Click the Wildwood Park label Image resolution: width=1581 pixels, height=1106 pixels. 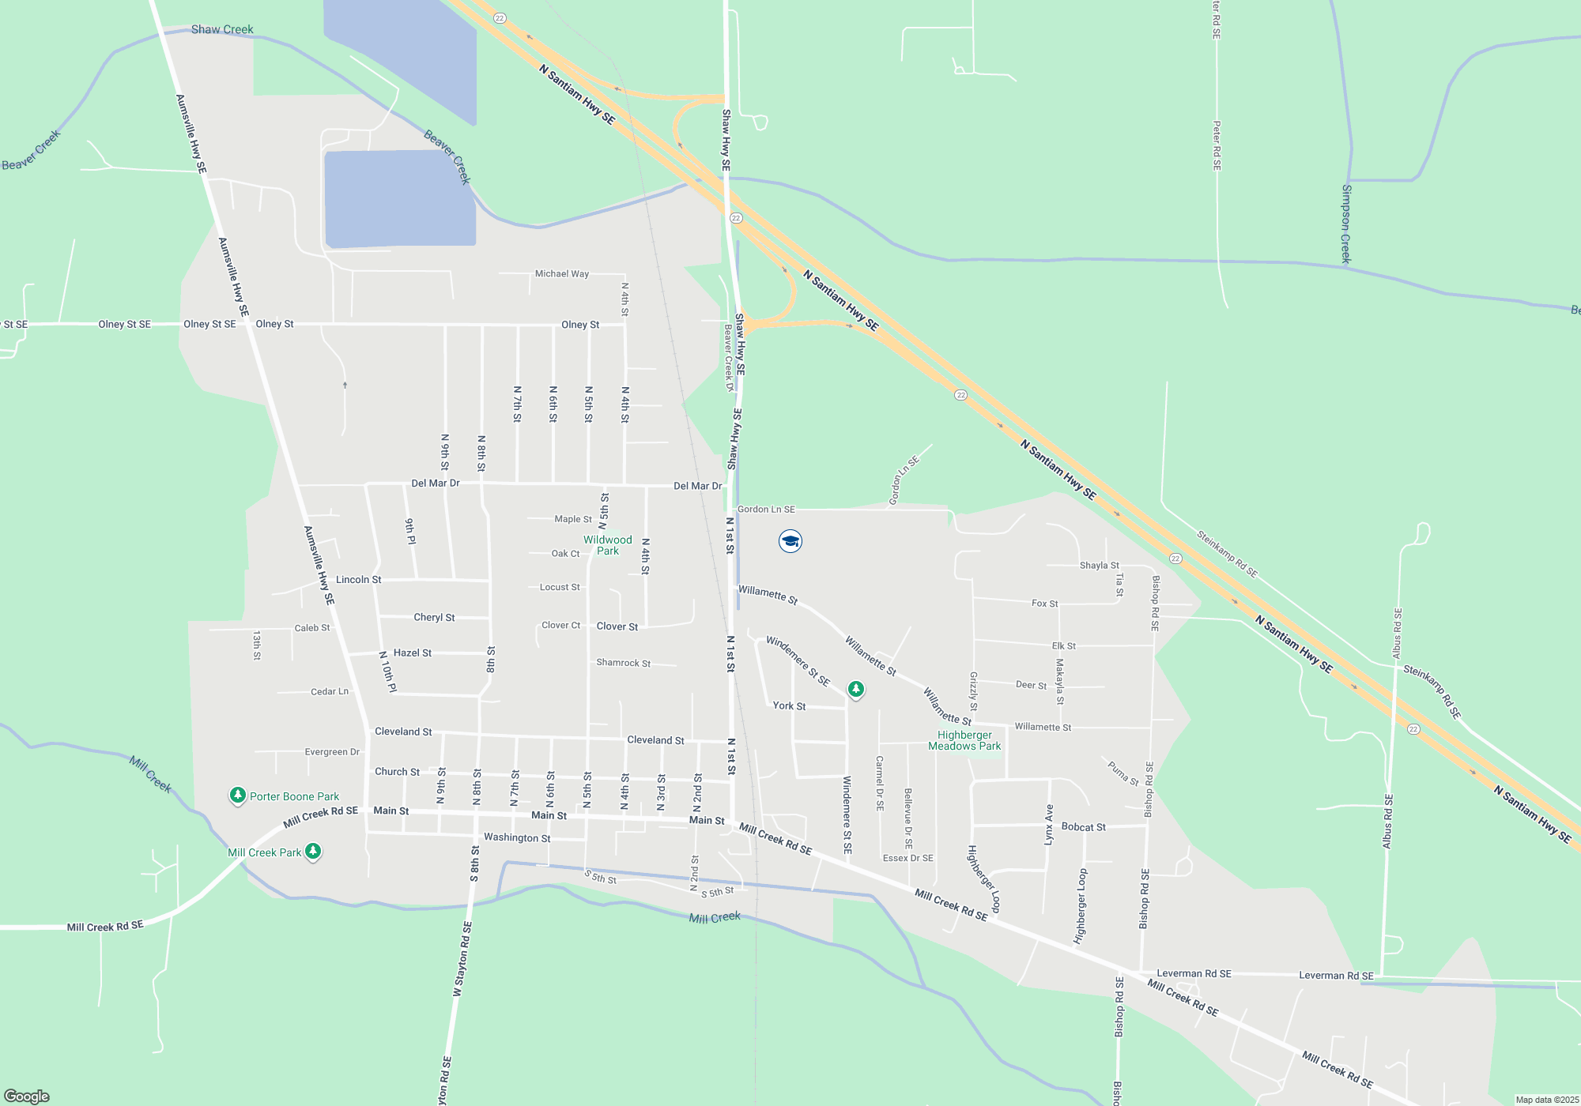click(607, 545)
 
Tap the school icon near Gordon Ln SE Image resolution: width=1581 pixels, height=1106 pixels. click(790, 541)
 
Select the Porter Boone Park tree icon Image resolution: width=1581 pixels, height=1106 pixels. click(237, 796)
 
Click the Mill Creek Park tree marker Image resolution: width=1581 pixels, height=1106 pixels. click(313, 852)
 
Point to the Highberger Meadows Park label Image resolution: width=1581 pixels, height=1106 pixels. click(964, 740)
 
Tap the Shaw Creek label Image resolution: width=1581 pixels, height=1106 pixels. click(222, 29)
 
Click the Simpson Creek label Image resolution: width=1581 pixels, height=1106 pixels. click(1346, 224)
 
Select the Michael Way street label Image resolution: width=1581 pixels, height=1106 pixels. click(561, 274)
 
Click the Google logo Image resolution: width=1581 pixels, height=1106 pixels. click(27, 1096)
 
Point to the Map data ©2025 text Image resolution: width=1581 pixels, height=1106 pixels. click(1547, 1100)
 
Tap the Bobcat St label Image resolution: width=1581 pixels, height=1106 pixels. click(1083, 827)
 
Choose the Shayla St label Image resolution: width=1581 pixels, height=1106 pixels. click(1099, 566)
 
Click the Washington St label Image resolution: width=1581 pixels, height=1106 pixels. click(517, 837)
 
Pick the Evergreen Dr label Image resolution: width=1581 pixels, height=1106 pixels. click(332, 752)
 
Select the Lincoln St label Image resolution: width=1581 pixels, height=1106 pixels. click(358, 580)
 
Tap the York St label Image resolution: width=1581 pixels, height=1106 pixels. click(789, 705)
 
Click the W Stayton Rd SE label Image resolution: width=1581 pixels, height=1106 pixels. click(462, 958)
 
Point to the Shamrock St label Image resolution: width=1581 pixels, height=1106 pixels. click(623, 663)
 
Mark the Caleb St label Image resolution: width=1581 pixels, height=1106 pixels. click(312, 628)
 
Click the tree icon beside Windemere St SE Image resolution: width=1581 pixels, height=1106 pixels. click(855, 690)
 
